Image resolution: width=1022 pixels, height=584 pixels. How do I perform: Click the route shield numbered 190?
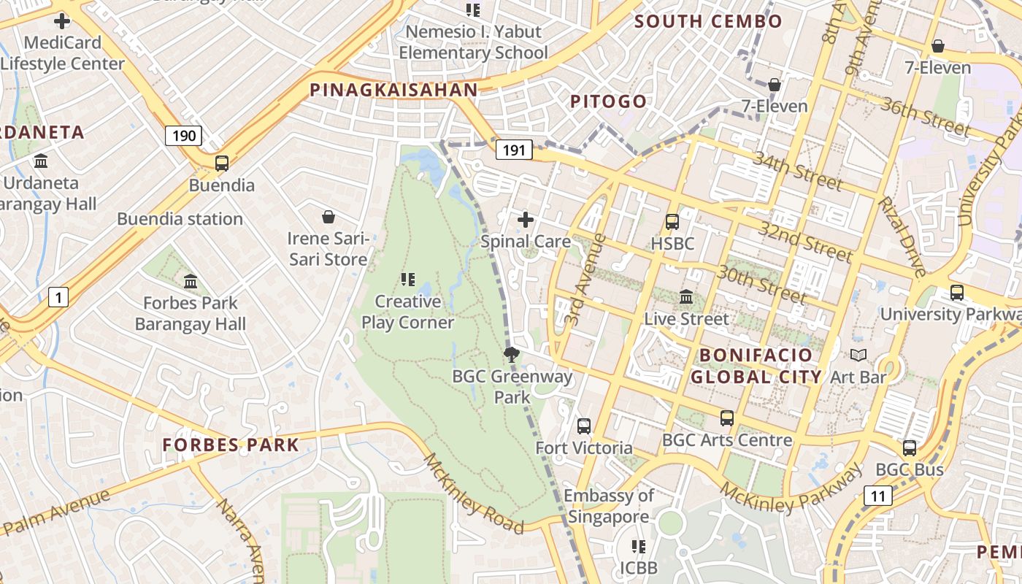(x=183, y=135)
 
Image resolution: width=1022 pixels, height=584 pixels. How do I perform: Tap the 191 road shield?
(x=514, y=150)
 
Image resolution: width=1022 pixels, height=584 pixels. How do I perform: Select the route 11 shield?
(x=878, y=496)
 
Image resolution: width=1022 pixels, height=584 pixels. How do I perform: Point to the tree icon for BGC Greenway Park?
(x=512, y=356)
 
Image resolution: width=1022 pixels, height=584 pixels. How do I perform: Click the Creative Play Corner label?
(x=407, y=312)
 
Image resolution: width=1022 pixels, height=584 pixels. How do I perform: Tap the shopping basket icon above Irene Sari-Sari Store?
(x=328, y=217)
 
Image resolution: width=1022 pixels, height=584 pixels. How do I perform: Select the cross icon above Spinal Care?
(x=525, y=220)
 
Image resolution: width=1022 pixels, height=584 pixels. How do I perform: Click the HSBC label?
(x=672, y=243)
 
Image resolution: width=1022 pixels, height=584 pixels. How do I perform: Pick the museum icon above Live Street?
(x=686, y=297)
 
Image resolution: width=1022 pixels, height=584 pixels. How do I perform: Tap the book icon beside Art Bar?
(x=859, y=356)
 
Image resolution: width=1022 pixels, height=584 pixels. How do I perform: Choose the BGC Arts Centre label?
(x=726, y=440)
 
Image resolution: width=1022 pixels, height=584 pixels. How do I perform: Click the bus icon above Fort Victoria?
(x=583, y=426)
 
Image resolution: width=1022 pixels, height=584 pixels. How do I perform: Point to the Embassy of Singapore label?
(x=608, y=507)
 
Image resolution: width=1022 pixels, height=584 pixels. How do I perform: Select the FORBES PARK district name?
(x=231, y=445)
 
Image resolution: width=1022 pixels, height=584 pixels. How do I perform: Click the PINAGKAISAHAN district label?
(x=393, y=90)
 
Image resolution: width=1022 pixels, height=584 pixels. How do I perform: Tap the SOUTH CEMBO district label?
(x=708, y=21)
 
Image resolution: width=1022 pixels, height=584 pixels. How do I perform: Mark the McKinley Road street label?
(x=474, y=493)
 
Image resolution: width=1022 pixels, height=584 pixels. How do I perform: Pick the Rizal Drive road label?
(x=902, y=237)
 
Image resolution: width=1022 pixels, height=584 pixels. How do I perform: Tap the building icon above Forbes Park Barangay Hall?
(x=191, y=281)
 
